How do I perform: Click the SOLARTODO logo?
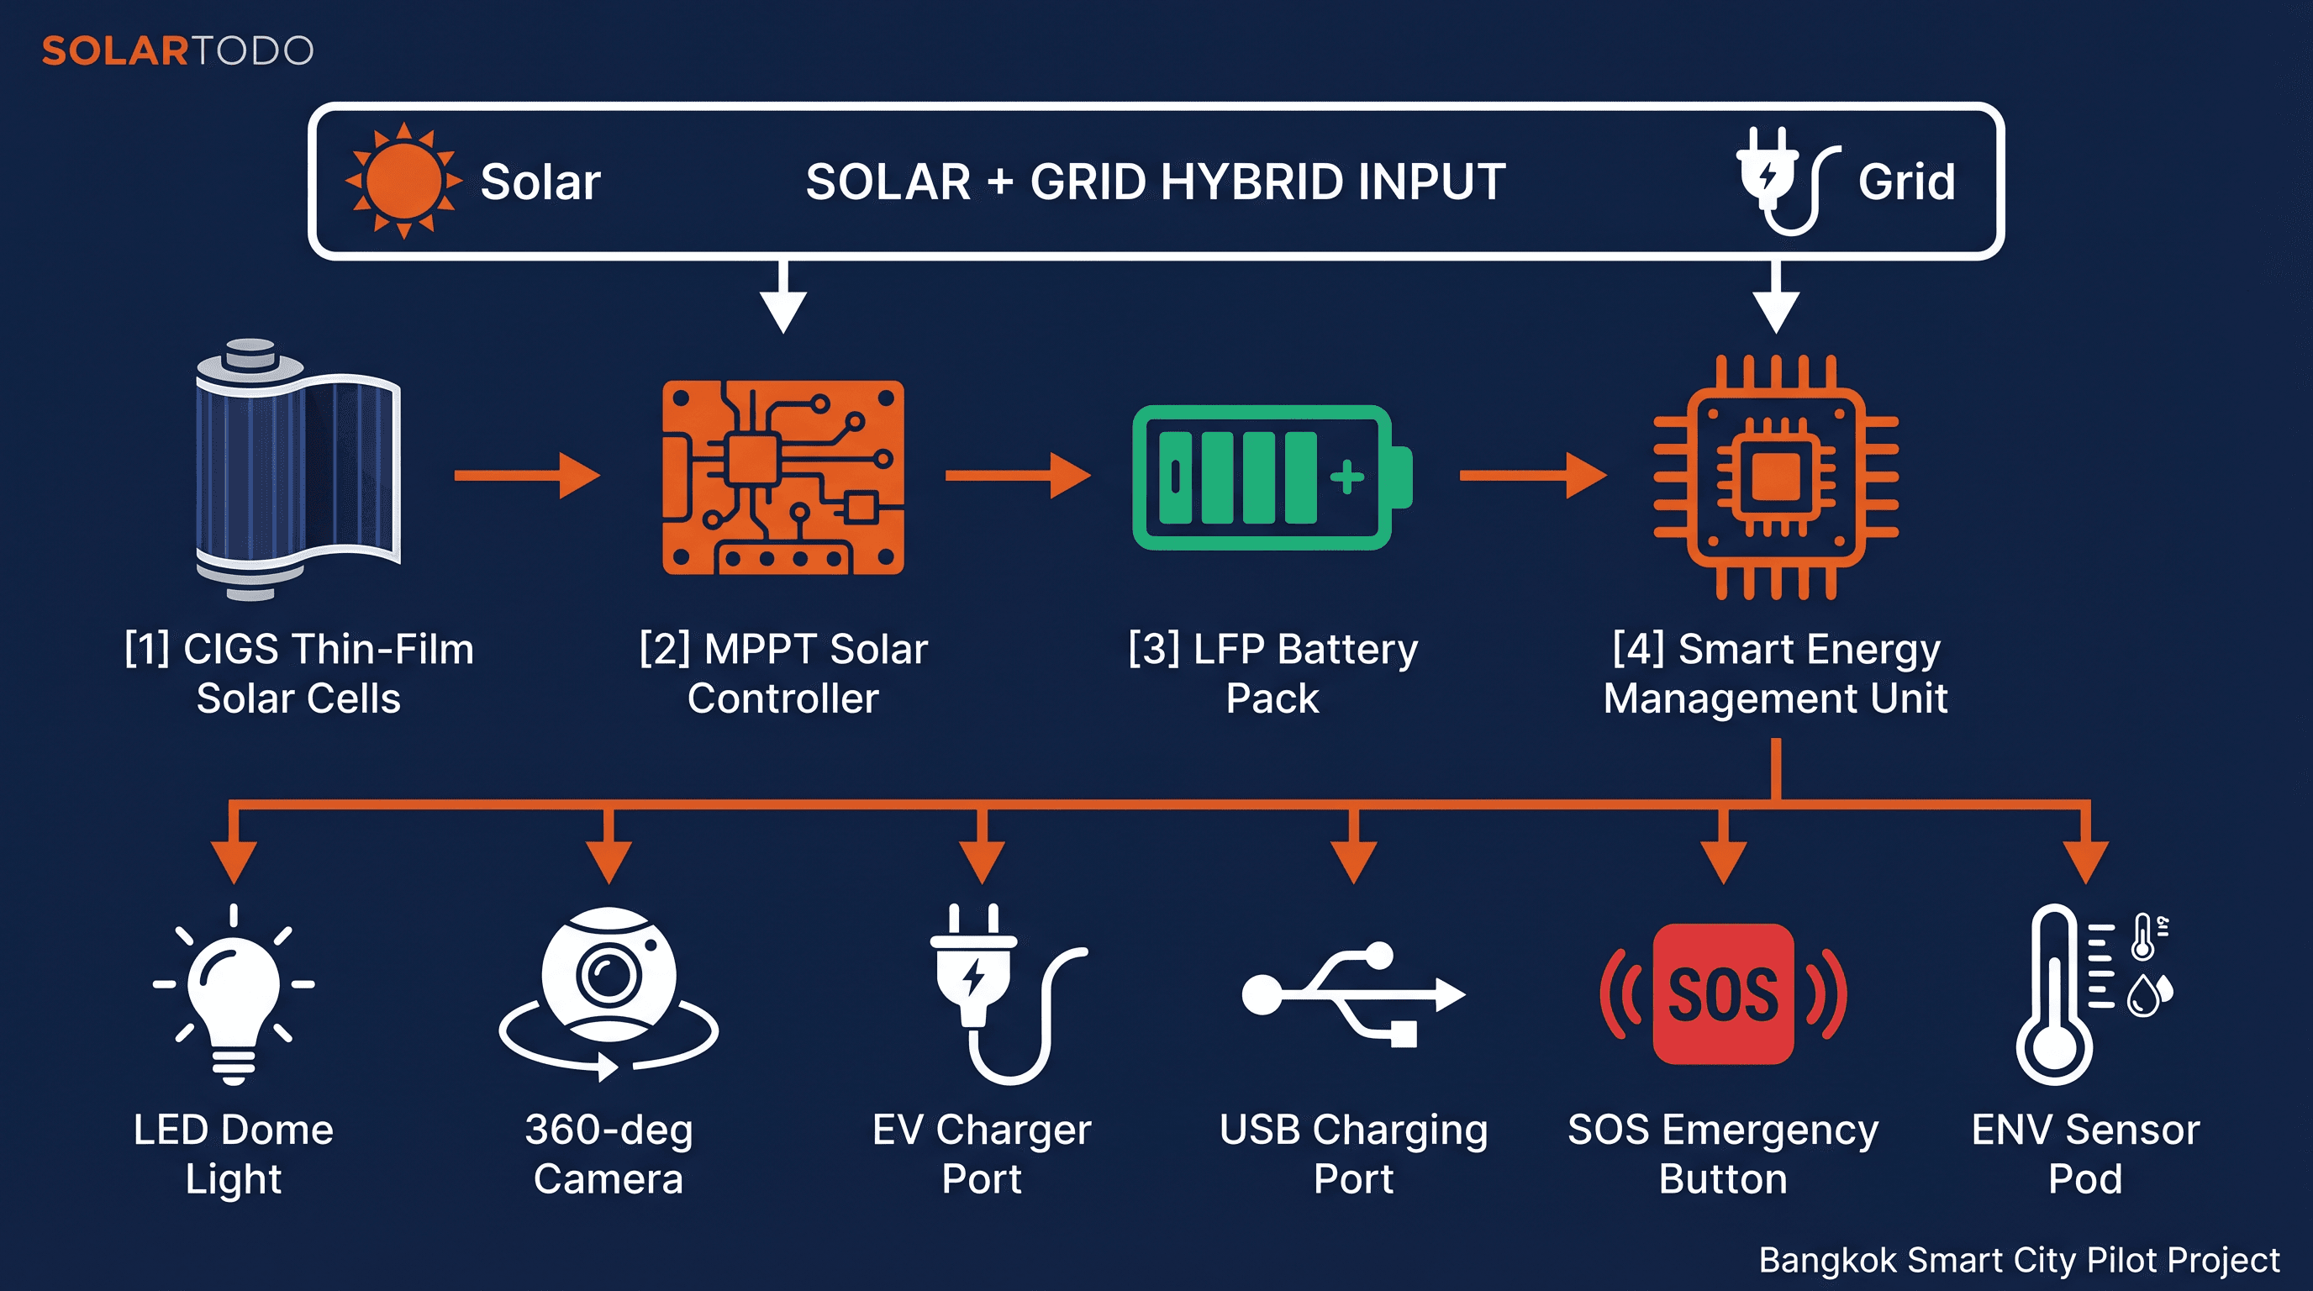coord(177,50)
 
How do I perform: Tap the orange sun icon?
coord(403,181)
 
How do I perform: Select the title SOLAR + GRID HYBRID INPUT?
coord(1155,182)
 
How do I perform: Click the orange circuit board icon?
coord(783,477)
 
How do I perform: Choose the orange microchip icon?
coord(1775,477)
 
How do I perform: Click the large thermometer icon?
coord(2054,997)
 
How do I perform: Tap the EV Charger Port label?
coord(982,1154)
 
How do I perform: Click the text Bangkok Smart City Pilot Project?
coord(2018,1260)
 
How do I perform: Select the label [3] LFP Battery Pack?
coord(1272,672)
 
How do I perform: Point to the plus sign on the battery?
coord(1346,477)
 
